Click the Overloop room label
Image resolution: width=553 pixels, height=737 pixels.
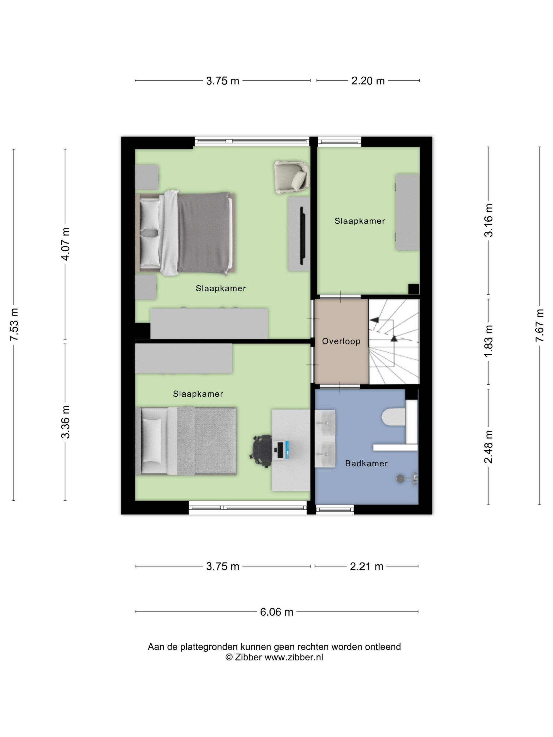click(x=341, y=341)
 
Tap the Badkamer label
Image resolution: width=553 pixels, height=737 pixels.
click(x=366, y=464)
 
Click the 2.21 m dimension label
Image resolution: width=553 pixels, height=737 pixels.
click(x=366, y=566)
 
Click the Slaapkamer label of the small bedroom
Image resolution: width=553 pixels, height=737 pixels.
click(x=360, y=221)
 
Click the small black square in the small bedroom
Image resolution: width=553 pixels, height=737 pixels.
click(x=414, y=289)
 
